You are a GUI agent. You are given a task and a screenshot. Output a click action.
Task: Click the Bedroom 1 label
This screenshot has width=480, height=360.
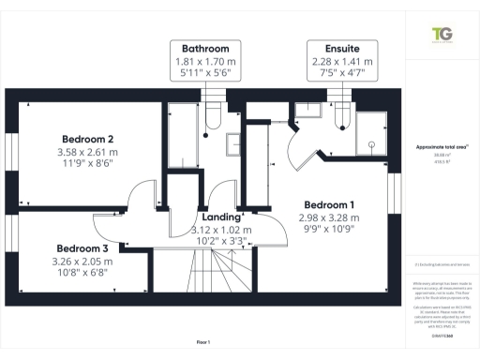328,204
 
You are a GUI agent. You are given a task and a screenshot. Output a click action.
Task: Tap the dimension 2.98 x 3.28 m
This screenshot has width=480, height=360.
328,217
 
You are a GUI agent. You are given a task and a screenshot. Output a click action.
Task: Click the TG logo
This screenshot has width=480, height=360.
440,35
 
